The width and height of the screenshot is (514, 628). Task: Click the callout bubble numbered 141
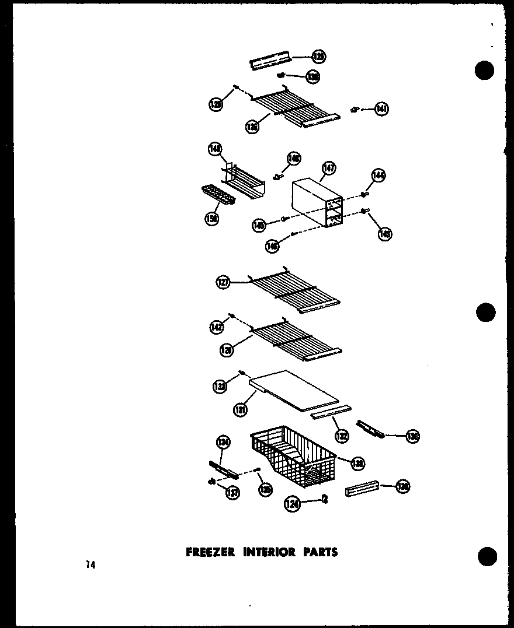[x=381, y=108]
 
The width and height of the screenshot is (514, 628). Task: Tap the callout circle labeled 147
[x=328, y=169]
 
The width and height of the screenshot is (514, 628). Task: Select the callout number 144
[x=378, y=176]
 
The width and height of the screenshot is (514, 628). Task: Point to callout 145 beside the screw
[x=259, y=225]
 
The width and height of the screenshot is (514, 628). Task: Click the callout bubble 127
[x=223, y=283]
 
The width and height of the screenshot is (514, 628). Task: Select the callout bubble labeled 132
[x=341, y=435]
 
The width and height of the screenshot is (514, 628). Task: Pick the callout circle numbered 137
[x=232, y=493]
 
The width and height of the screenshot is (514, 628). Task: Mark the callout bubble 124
[x=293, y=504]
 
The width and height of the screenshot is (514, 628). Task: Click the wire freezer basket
[x=292, y=458]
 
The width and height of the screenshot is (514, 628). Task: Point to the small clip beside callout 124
[x=325, y=499]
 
